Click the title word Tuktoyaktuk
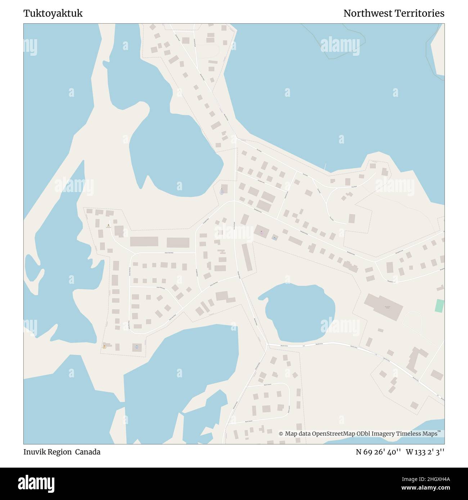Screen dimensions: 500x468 53,13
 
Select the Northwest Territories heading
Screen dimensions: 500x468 393,13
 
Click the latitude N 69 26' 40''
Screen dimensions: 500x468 378,452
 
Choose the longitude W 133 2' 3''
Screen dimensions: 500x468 425,452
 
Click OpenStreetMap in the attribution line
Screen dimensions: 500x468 334,434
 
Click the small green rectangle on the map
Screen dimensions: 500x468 439,306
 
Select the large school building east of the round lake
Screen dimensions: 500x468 383,306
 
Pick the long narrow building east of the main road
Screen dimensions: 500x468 247,257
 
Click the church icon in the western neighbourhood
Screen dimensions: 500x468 108,225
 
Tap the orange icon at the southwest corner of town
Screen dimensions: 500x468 104,346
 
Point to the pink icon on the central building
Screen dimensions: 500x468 261,232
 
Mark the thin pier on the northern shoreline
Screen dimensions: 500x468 325,167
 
